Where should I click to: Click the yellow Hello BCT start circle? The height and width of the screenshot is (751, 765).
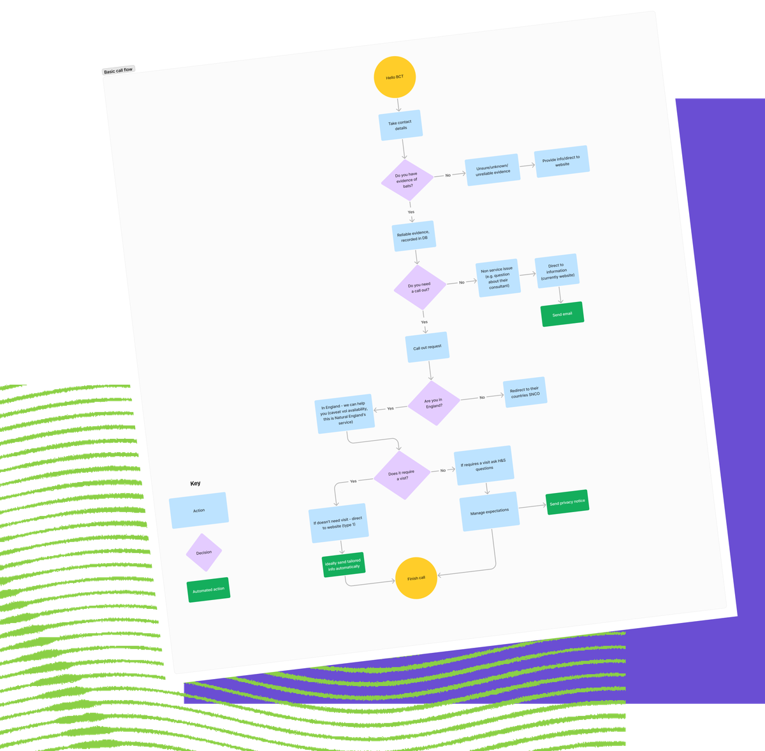(x=395, y=77)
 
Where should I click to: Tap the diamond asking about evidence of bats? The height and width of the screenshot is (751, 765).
(x=407, y=180)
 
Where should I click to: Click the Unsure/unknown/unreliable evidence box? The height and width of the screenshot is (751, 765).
(x=493, y=170)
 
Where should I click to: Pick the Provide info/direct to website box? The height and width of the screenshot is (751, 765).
(x=562, y=162)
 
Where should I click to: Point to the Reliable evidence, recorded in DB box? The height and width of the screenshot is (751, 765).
(x=414, y=236)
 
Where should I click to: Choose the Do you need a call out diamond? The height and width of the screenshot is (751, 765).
(x=419, y=288)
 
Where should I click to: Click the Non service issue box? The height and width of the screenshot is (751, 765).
(x=499, y=278)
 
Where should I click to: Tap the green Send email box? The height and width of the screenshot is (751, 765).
(x=562, y=314)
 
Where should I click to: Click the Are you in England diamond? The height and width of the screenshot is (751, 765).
(x=433, y=403)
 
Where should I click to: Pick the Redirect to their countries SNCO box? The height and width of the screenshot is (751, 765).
(x=525, y=392)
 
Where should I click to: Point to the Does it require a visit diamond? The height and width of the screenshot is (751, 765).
(x=402, y=475)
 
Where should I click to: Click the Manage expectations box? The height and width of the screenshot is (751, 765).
(x=490, y=511)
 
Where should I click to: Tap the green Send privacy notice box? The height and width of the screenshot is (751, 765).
(x=567, y=502)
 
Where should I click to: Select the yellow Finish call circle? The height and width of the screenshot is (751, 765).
(x=416, y=578)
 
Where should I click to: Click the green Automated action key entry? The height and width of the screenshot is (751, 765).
(x=208, y=590)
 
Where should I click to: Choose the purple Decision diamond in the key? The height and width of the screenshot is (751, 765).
(x=204, y=552)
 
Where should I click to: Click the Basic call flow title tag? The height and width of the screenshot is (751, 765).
(x=119, y=70)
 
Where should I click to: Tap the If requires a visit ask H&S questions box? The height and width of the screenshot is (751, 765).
(x=484, y=466)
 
